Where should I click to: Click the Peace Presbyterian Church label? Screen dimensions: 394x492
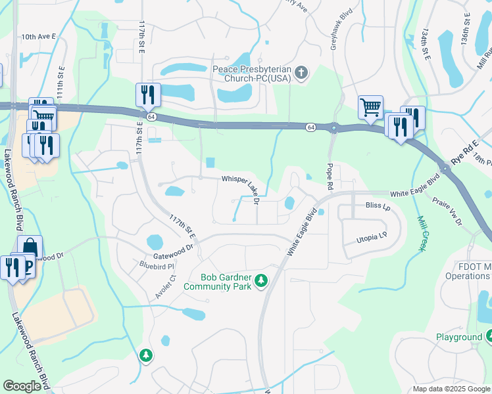[x=252, y=74]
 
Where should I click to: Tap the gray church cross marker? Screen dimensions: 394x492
[x=301, y=73]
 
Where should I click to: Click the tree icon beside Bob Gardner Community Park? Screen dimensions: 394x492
[x=262, y=281]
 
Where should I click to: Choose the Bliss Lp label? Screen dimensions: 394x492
[x=378, y=206]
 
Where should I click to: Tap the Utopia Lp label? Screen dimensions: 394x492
[x=373, y=236]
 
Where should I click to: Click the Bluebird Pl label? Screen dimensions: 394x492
[x=156, y=267]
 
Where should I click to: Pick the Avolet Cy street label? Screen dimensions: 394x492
[x=165, y=287]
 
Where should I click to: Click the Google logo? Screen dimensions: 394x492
[x=22, y=386]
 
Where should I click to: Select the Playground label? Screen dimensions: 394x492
[x=459, y=337]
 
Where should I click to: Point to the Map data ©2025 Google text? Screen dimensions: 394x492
[x=451, y=389]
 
